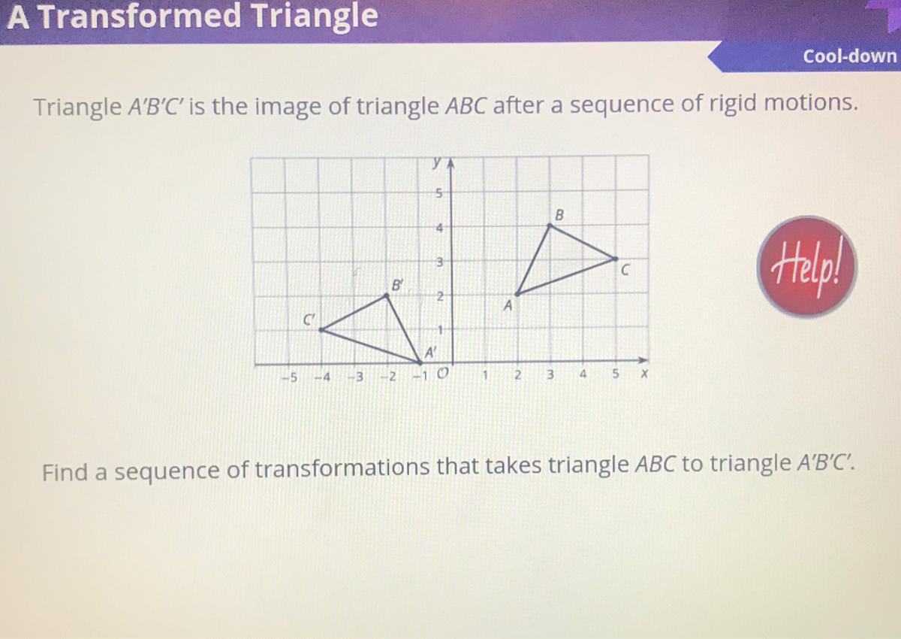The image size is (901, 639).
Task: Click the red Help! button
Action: coord(806,267)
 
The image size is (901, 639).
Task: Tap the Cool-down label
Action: coord(849,56)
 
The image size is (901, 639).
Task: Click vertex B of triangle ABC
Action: coord(550,226)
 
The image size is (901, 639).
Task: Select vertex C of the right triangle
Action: coord(615,259)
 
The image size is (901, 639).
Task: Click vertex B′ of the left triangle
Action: coord(387,296)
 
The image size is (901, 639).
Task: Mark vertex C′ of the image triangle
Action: coord(321,330)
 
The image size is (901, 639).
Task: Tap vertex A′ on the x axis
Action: coord(420,362)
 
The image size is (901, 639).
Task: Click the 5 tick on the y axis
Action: coord(439,194)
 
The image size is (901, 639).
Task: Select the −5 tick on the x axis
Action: coord(290,377)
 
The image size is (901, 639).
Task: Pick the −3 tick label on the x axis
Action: coord(356,377)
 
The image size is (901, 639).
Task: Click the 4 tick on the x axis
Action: coord(583,374)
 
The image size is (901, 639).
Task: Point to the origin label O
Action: coord(442,374)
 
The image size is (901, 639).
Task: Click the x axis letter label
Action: coord(644,374)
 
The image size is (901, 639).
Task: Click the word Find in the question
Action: coord(65,471)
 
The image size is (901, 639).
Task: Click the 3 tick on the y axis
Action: coord(440,262)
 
